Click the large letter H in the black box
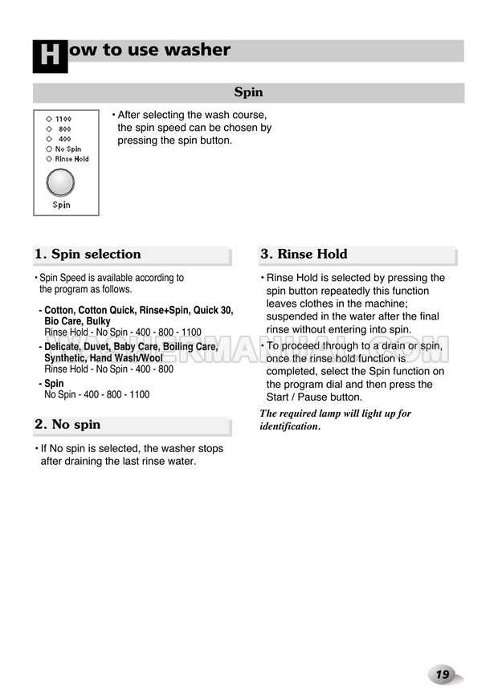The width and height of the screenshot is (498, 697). (50, 55)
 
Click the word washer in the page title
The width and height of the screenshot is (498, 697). (197, 50)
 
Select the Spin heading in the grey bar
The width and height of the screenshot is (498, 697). (248, 93)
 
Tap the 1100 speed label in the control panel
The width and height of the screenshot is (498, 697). (63, 119)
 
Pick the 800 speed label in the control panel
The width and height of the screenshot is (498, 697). (64, 128)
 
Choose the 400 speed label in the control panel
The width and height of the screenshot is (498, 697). (64, 139)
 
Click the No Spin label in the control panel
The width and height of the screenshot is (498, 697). (68, 149)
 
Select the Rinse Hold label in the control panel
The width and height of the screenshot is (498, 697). (72, 159)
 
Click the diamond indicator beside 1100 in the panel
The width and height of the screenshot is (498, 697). (49, 119)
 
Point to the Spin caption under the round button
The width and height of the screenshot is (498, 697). (62, 205)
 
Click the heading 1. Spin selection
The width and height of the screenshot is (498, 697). (88, 255)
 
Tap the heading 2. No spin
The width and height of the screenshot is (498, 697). (67, 425)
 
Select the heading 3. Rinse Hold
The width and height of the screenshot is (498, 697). (304, 255)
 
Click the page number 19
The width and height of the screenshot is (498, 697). (443, 675)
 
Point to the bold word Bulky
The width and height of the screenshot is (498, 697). (97, 321)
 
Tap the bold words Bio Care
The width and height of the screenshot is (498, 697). (63, 321)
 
